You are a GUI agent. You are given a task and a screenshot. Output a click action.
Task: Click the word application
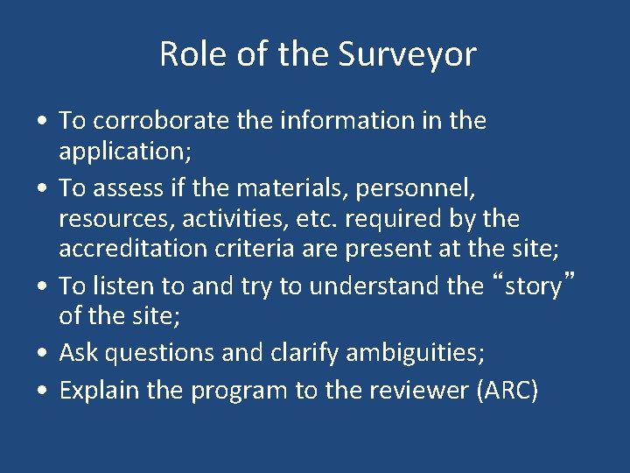coord(123,152)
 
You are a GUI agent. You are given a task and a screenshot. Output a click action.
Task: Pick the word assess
coord(127,187)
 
